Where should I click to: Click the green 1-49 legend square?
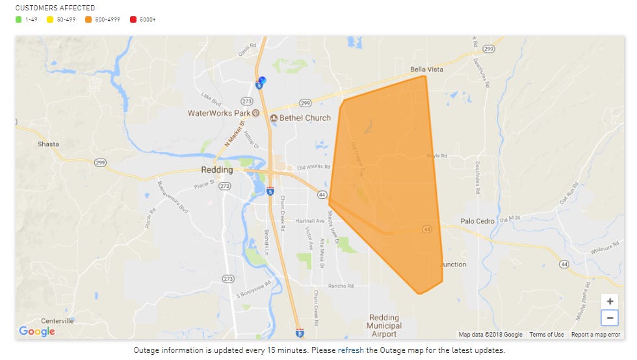19,19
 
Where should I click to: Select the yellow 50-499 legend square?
50,19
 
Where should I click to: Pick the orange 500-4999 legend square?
88,19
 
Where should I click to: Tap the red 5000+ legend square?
133,19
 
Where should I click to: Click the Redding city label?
216,170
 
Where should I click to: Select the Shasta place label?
48,144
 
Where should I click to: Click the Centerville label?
57,320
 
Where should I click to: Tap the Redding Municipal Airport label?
383,326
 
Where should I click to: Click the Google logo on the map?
37,331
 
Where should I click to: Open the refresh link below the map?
350,350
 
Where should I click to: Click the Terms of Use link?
546,335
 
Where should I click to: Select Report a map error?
595,335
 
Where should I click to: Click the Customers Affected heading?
55,8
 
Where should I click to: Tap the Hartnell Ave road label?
309,220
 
